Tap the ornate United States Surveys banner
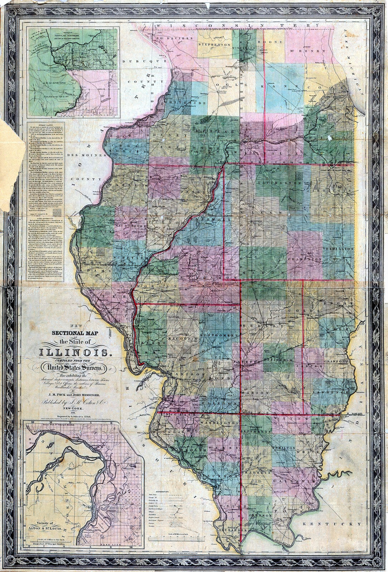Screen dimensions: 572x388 pos(74,367)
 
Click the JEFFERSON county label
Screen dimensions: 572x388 pos(258,432)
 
